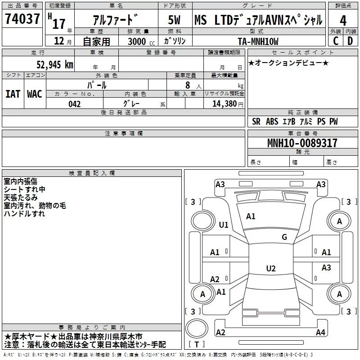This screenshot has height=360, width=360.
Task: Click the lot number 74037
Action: [x=22, y=20]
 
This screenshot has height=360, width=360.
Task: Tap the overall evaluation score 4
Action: [x=343, y=20]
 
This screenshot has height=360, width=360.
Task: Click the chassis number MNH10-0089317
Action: [x=302, y=143]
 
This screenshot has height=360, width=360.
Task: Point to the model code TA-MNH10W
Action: [x=258, y=41]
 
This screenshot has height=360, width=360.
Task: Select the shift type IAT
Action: [x=13, y=94]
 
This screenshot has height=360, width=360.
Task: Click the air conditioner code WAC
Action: [x=34, y=94]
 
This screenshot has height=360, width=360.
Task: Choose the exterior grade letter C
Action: [x=335, y=41]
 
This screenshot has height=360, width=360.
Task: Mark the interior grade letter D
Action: [x=350, y=41]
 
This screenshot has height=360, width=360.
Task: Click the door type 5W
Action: [x=174, y=20]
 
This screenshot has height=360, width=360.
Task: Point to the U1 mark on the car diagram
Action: [x=223, y=225]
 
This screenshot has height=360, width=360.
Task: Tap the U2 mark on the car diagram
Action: [x=270, y=269]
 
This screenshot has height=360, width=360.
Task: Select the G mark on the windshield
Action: [x=284, y=237]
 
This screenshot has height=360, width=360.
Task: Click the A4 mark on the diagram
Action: [x=320, y=333]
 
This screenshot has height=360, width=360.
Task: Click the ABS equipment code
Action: [x=272, y=121]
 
